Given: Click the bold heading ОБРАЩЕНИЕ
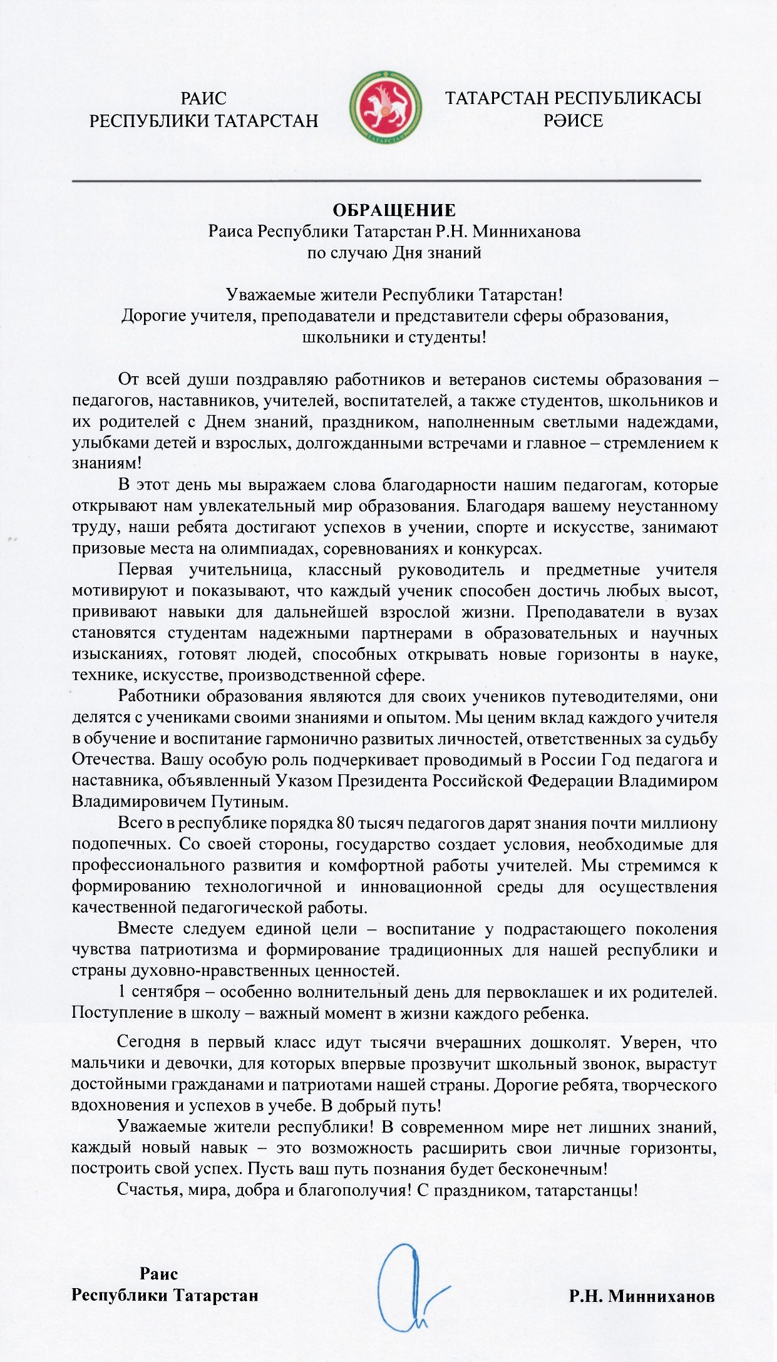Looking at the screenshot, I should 394,210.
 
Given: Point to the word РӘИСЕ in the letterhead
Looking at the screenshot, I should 573,120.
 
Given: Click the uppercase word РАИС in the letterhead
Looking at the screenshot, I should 203,98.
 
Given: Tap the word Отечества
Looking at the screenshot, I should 113,759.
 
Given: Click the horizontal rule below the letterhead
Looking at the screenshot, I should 386,181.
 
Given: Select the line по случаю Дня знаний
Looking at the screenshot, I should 394,252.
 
